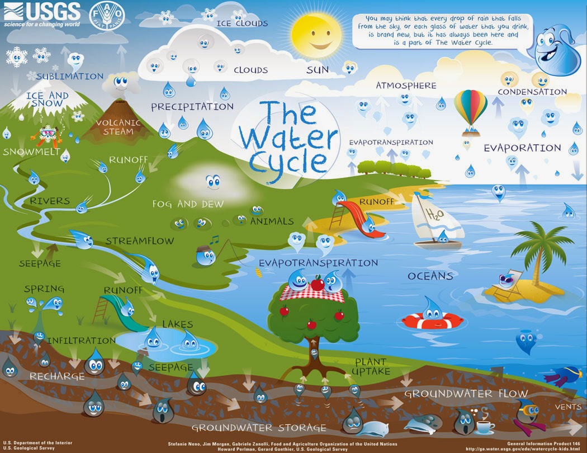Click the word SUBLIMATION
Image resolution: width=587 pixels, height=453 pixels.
click(x=70, y=76)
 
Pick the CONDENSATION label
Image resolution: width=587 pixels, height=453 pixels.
click(x=532, y=92)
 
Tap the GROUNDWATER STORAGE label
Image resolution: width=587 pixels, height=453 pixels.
click(x=259, y=428)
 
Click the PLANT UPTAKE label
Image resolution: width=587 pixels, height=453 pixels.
click(x=371, y=367)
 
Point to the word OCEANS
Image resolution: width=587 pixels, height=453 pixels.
click(x=430, y=276)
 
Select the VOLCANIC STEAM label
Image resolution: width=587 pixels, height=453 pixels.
click(x=115, y=128)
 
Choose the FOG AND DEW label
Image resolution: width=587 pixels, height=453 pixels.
click(x=188, y=204)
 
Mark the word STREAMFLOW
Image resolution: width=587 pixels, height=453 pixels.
click(x=140, y=241)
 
